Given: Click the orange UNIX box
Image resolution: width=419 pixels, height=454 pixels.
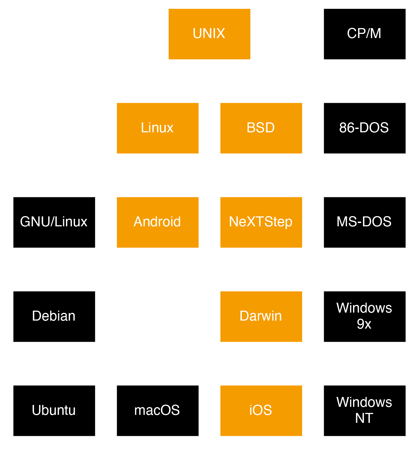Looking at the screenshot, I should [x=209, y=34].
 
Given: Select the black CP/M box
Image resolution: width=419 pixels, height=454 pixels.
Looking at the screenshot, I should [x=364, y=34].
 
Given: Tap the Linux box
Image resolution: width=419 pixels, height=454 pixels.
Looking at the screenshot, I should [x=158, y=128].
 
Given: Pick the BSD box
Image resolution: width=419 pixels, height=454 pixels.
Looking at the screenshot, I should [x=261, y=128].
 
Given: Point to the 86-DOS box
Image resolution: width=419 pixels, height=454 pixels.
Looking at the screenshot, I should [x=364, y=128].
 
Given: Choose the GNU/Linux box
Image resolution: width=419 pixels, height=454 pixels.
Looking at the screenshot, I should [x=54, y=222].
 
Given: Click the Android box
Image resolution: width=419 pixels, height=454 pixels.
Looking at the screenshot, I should [x=158, y=222].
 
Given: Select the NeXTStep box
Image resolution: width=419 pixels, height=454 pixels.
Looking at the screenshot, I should [x=261, y=222].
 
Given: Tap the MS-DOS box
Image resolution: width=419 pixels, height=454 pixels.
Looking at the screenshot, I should [x=364, y=222].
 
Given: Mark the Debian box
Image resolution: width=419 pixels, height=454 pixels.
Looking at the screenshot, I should [x=54, y=316].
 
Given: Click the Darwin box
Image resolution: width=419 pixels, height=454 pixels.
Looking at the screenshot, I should [x=261, y=316].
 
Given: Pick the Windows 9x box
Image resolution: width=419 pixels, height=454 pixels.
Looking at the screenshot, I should [x=364, y=316].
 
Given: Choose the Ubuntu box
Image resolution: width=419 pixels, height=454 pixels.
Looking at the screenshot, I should [x=54, y=410].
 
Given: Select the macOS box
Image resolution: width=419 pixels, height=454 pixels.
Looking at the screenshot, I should [x=158, y=410].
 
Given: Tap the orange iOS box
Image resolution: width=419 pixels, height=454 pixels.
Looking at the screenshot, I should [x=261, y=410].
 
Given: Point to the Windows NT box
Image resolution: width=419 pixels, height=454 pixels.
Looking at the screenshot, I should [x=364, y=410].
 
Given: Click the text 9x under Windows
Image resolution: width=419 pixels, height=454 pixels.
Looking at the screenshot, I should [x=364, y=324].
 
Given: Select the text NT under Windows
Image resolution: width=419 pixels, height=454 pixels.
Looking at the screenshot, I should [x=364, y=418].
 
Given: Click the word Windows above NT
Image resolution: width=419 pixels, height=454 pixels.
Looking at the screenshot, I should [x=364, y=402].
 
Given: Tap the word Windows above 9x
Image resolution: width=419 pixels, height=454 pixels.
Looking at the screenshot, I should [x=364, y=308].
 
